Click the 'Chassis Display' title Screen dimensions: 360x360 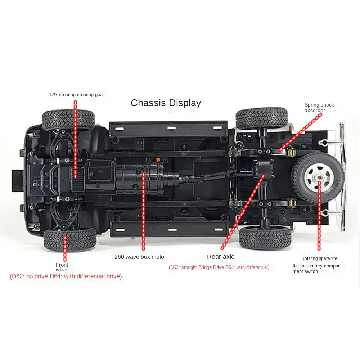[x=166, y=103]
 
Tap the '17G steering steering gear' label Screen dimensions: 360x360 [x=76, y=95]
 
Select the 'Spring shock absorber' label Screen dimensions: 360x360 [x=319, y=108]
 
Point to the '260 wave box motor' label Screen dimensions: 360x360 [x=140, y=257]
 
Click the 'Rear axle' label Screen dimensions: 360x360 [x=221, y=257]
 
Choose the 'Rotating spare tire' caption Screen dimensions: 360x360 [x=319, y=258]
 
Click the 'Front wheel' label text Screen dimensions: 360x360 [x=62, y=267]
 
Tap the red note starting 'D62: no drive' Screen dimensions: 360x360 [x=66, y=276]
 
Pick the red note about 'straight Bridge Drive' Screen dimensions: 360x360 [x=219, y=267]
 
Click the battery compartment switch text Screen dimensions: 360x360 [x=317, y=269]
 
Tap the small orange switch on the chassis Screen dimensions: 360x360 [x=157, y=159]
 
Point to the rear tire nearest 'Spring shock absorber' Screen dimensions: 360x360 [x=262, y=118]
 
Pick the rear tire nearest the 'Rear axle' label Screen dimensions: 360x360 [x=265, y=238]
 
